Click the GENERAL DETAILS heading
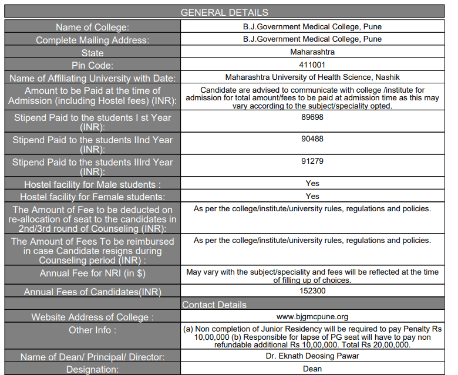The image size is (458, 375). coord(224,12)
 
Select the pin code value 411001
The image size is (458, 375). coord(312,65)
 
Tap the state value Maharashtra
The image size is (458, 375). coord(312,52)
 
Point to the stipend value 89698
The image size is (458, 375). coord(312,117)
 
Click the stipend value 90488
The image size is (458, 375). coord(312,139)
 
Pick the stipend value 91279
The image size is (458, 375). coord(312,161)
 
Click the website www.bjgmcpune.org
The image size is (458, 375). coord(312,317)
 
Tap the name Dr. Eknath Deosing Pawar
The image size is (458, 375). coord(312,356)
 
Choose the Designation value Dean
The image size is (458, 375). coord(312,369)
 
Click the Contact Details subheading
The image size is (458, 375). coord(214,305)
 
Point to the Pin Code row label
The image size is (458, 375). coord(92,65)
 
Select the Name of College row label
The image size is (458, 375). coord(92,27)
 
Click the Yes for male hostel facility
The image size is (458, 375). coord(312,183)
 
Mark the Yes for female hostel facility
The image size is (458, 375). coord(312,196)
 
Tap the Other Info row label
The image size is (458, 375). coord(92,330)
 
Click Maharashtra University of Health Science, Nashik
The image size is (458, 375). coord(312,77)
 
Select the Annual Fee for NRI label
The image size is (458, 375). coord(92,273)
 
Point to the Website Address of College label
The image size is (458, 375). coord(92,317)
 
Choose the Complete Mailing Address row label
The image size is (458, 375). coord(92,40)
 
